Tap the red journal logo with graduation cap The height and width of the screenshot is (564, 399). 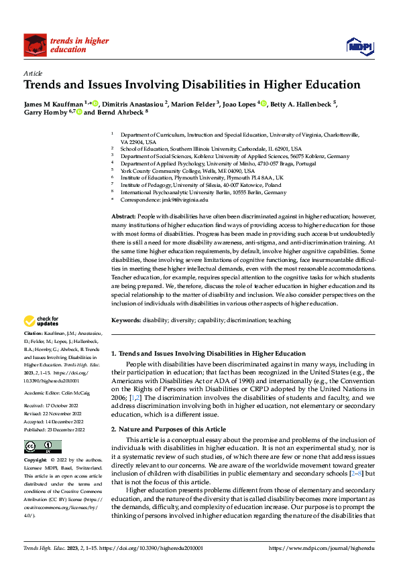tap(35, 45)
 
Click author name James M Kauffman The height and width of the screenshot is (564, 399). tap(54, 104)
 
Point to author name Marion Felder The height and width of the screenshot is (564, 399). tap(191, 104)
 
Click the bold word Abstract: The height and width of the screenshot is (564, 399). tap(123, 217)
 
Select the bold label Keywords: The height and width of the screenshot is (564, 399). tap(125, 321)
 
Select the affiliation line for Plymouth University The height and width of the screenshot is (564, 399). tap(202, 178)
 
